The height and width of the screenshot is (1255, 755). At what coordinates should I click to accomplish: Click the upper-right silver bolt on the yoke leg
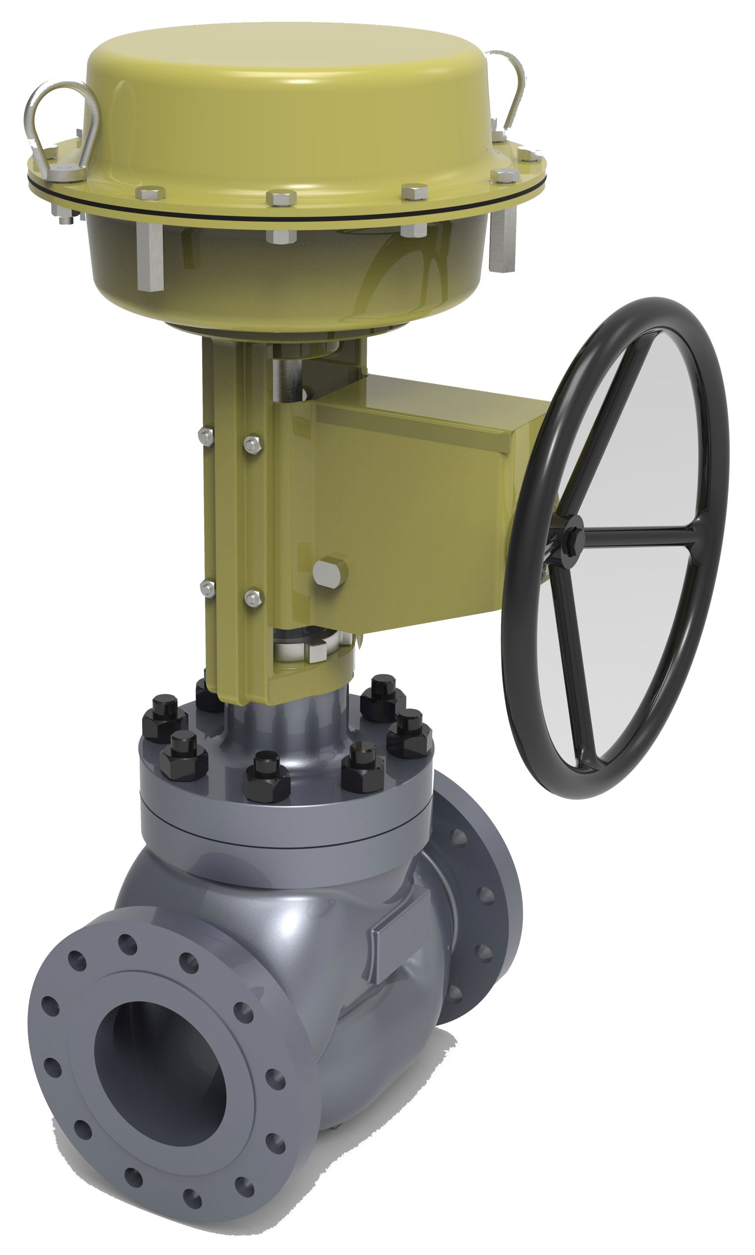coord(252,444)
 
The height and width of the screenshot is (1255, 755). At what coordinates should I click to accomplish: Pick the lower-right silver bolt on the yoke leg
coord(252,597)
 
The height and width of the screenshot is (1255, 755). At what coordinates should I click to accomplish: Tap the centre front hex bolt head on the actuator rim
coord(281,198)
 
